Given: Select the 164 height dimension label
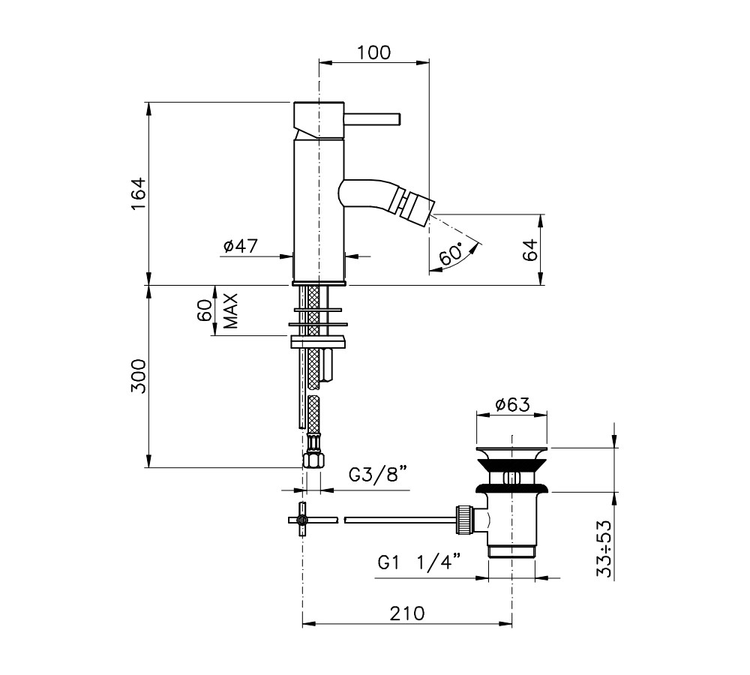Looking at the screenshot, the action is coord(138,193).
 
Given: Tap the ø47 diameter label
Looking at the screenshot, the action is coord(241,246).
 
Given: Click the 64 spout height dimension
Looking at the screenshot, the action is coord(530,249).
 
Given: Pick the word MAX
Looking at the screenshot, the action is coord(230,311).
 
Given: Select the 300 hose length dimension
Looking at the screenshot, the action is coord(138,376).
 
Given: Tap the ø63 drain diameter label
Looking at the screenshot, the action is coord(512,405).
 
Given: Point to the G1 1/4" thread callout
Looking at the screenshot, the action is coord(419,562).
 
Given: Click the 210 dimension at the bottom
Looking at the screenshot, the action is coord(407,613).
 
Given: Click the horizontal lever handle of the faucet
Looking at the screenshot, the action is coord(372,119).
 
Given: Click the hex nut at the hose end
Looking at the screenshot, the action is coord(313,461).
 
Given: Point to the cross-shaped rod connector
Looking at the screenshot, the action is coord(301,520).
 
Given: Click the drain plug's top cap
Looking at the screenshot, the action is coord(511,452).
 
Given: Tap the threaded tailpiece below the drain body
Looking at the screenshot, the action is coord(511,551).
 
